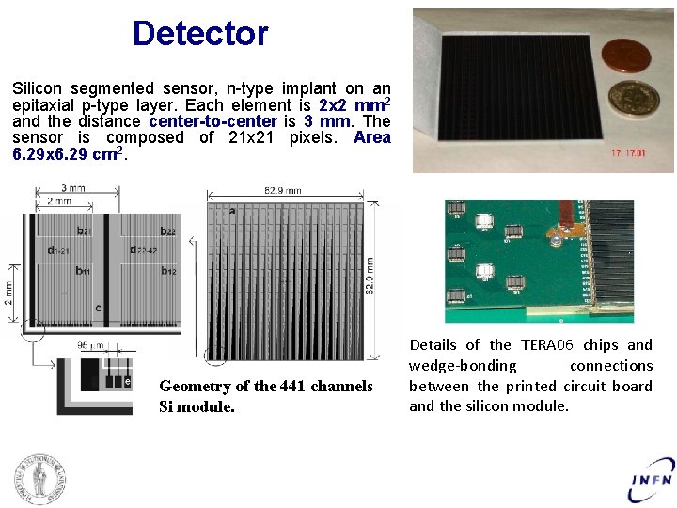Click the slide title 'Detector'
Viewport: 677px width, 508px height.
pyautogui.click(x=200, y=34)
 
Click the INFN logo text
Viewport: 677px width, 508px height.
pyautogui.click(x=651, y=480)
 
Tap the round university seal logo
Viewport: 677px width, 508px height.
pyautogui.click(x=39, y=479)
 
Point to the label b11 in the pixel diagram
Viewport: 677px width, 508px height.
pyautogui.click(x=83, y=271)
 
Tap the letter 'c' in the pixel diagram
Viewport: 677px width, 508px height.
pyautogui.click(x=98, y=308)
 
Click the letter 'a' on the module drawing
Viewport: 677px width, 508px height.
pyautogui.click(x=232, y=212)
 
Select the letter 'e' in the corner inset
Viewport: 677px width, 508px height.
pyautogui.click(x=128, y=381)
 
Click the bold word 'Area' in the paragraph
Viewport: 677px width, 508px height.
pyautogui.click(x=371, y=137)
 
